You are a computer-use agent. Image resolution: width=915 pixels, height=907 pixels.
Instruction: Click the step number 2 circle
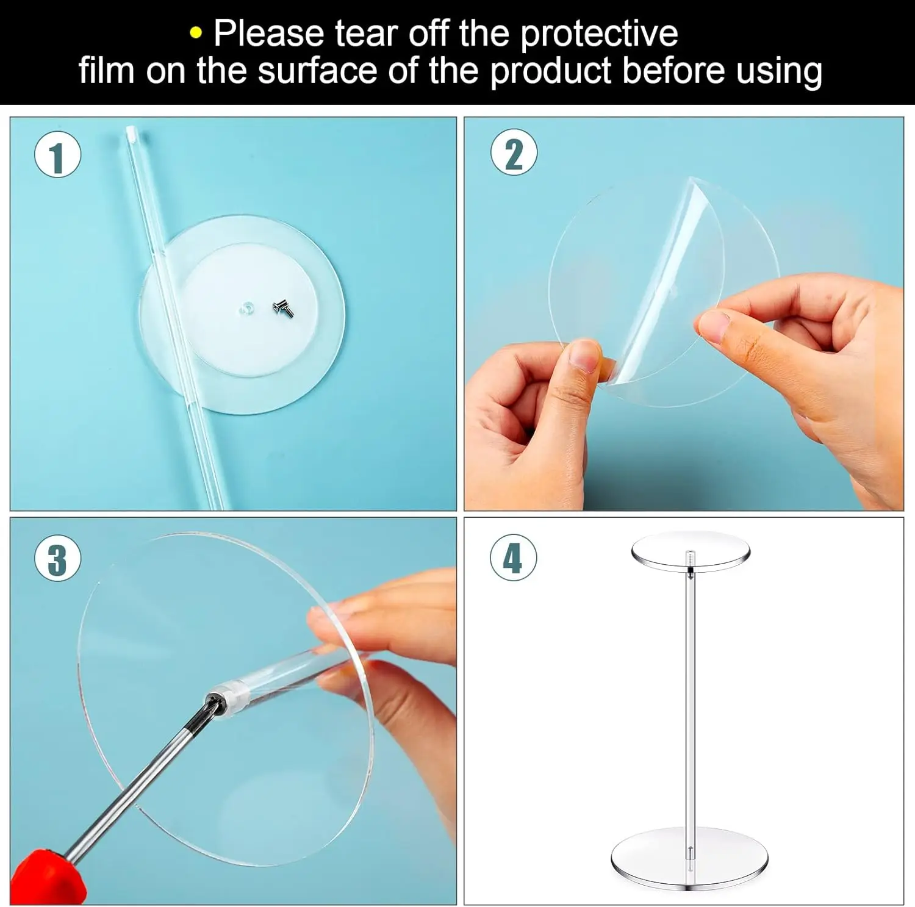pyautogui.click(x=514, y=152)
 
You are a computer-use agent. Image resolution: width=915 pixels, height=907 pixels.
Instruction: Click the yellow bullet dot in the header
pyautogui.click(x=195, y=34)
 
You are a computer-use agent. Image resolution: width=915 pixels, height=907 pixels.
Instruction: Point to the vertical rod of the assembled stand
pyautogui.click(x=690, y=701)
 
